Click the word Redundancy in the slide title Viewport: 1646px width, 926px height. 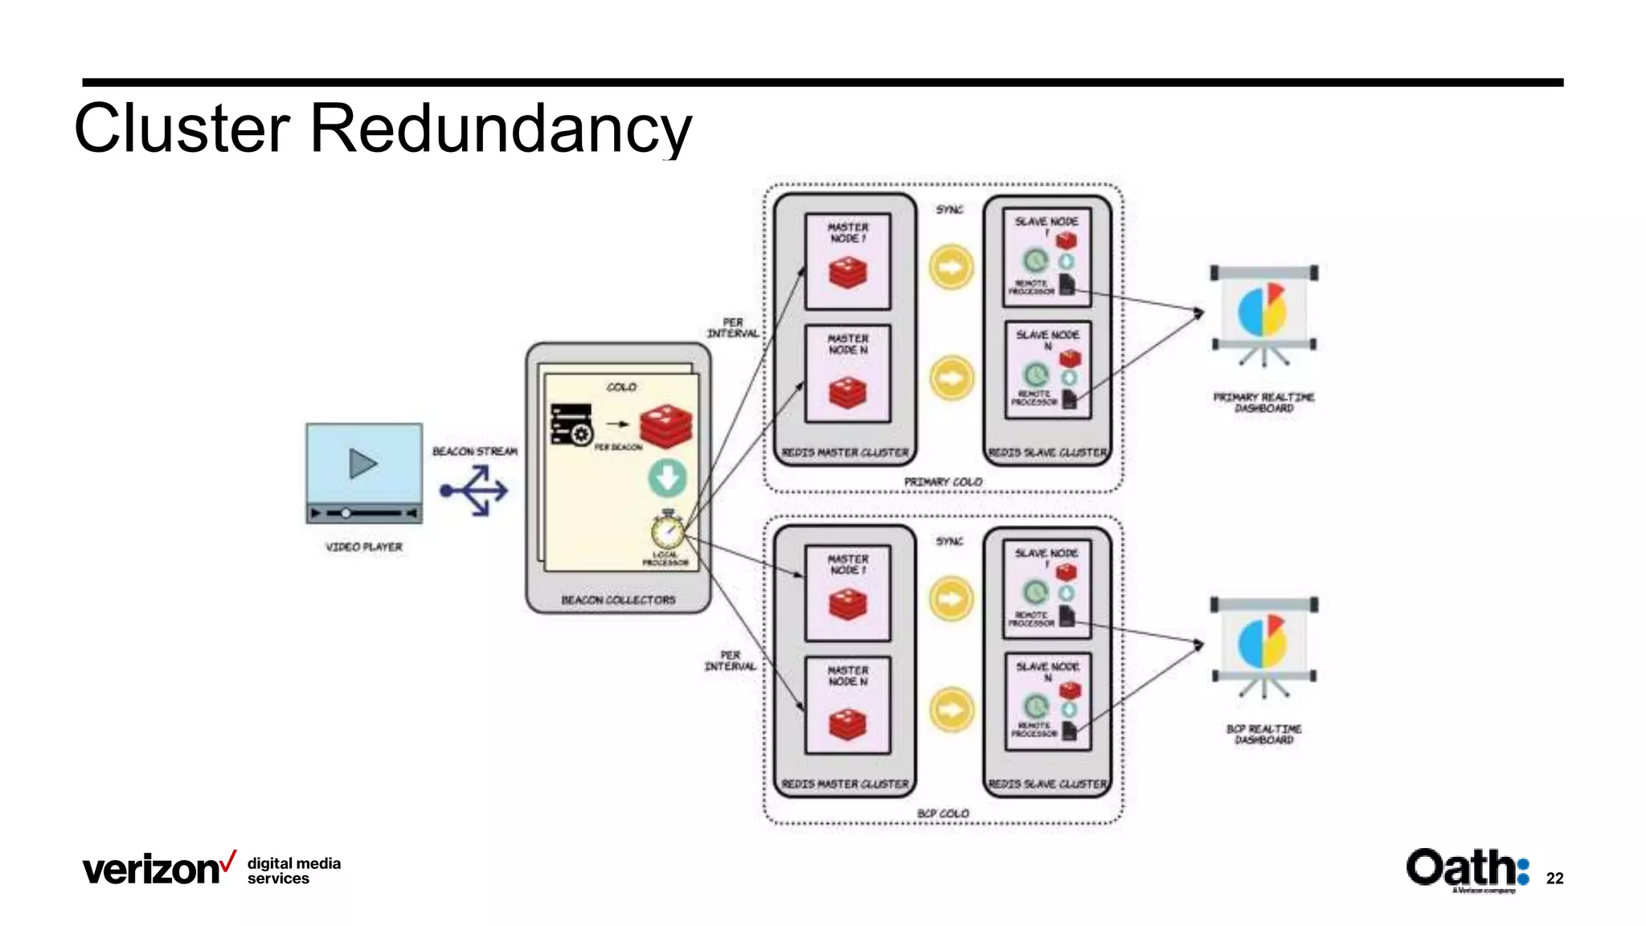(x=500, y=129)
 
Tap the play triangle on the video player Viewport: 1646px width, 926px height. (x=362, y=464)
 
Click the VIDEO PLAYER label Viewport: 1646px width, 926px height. (x=363, y=547)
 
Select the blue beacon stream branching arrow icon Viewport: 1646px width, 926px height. (x=475, y=490)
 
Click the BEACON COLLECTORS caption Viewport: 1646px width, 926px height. (x=618, y=600)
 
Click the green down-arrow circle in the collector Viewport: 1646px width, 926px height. (x=667, y=478)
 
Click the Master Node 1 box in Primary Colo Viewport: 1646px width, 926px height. (x=848, y=261)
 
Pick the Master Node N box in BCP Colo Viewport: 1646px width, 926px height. (x=848, y=705)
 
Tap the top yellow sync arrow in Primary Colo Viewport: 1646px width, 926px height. (x=951, y=266)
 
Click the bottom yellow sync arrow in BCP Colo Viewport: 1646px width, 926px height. (x=951, y=710)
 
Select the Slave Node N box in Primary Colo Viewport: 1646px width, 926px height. (x=1047, y=369)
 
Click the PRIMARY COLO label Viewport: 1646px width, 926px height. (x=943, y=481)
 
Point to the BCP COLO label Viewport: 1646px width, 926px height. (x=943, y=813)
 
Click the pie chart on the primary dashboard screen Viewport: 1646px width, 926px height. (x=1263, y=309)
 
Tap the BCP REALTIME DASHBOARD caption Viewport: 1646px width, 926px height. (x=1263, y=734)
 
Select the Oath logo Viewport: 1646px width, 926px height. (x=1467, y=868)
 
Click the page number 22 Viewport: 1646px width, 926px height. (x=1554, y=879)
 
